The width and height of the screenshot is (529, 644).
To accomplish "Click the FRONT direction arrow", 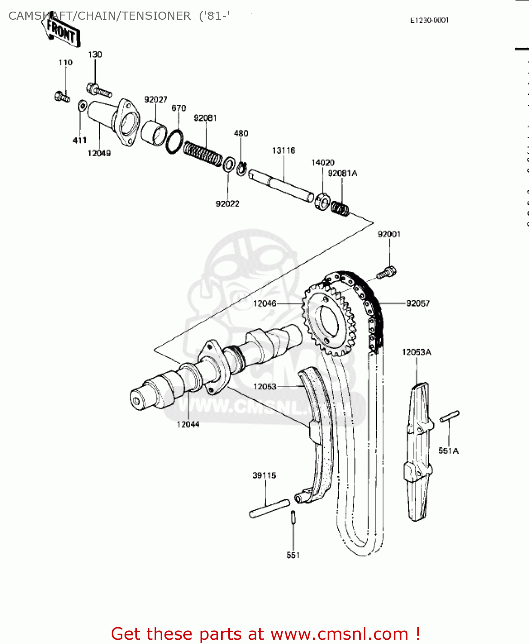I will click(x=61, y=31).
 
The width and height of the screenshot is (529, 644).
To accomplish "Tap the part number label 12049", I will click(x=99, y=153).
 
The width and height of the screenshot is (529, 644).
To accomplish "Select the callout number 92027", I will click(x=155, y=100).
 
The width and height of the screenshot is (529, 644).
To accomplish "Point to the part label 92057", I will click(x=418, y=304).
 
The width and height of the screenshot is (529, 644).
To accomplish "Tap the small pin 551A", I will click(x=449, y=416).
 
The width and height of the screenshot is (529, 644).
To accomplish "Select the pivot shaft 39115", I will click(x=270, y=508).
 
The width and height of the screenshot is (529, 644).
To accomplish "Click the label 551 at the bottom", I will click(x=293, y=555).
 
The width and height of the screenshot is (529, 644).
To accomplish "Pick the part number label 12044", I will click(x=188, y=424).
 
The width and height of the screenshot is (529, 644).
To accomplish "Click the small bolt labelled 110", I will click(x=62, y=97).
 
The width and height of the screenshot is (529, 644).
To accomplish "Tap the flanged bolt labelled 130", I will click(x=99, y=90).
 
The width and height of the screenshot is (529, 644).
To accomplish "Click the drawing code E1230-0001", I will click(x=429, y=20).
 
